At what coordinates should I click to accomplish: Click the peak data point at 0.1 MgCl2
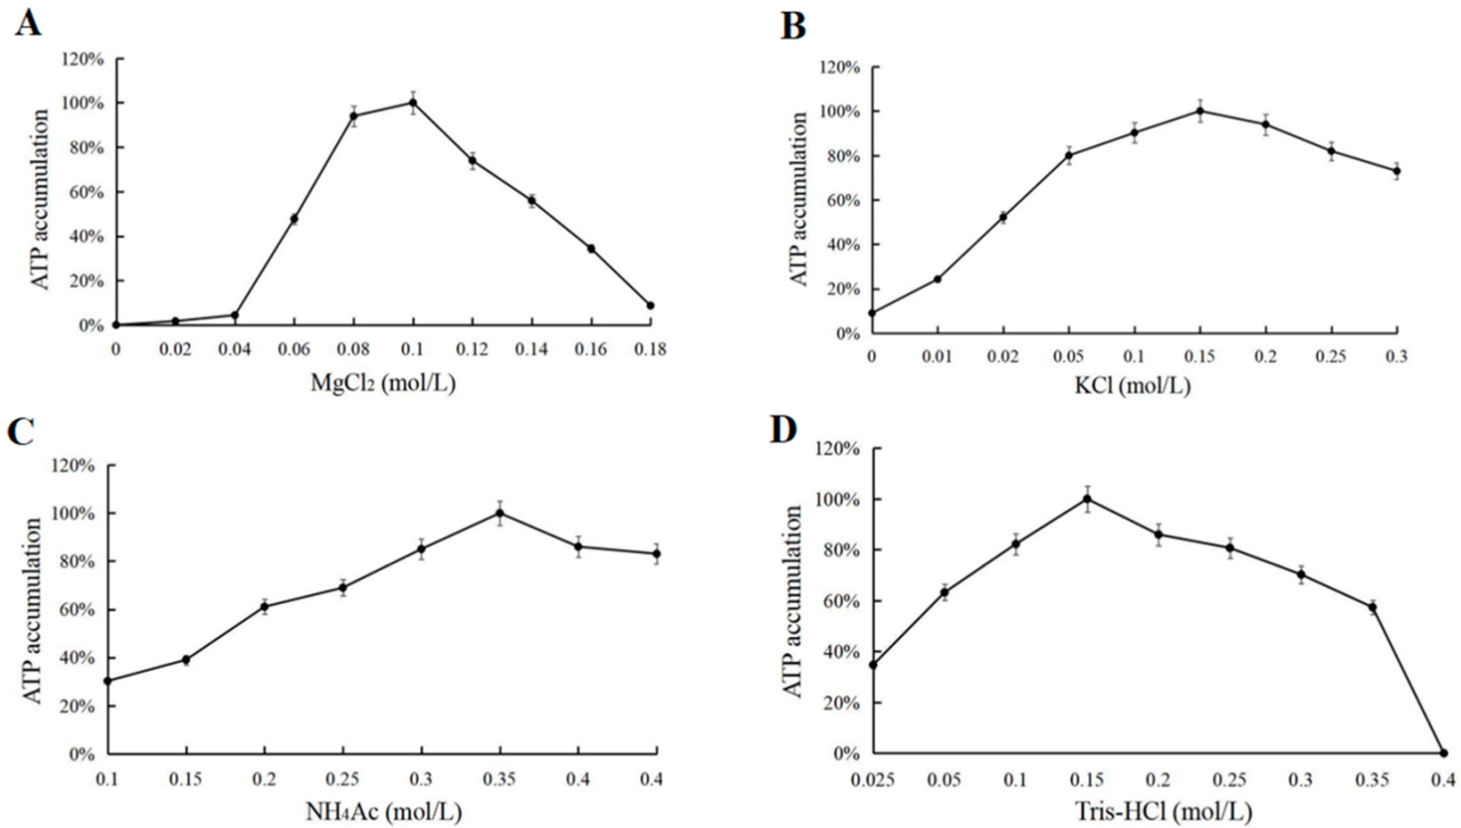tap(413, 103)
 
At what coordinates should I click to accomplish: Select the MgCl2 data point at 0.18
tap(651, 305)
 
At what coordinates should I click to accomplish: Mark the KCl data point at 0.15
tap(1201, 111)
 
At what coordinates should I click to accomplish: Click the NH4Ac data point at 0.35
tap(500, 513)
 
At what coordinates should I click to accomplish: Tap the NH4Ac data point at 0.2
tap(264, 606)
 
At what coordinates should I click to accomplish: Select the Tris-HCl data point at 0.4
tap(1444, 753)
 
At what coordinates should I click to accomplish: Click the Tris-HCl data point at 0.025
tap(873, 665)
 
